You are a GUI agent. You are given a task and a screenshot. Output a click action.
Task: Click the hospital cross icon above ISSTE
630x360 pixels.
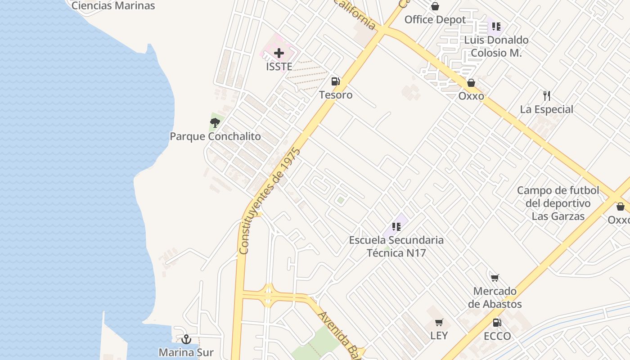click(x=279, y=53)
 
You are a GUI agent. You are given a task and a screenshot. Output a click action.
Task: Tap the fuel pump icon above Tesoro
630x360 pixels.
click(x=335, y=81)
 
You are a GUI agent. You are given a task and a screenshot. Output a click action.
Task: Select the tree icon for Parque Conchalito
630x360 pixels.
click(x=215, y=122)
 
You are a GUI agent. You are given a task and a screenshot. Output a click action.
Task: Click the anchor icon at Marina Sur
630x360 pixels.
click(x=186, y=339)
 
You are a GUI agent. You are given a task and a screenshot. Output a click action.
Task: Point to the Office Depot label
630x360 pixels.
click(x=435, y=20)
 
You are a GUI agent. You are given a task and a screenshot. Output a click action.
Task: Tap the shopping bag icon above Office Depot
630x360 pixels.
click(x=435, y=6)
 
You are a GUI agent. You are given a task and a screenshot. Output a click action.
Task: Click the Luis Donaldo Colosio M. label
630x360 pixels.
click(x=496, y=46)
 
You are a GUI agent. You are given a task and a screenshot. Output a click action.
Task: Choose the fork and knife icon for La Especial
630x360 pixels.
click(x=547, y=95)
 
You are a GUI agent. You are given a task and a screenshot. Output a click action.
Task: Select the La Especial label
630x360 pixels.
click(x=547, y=109)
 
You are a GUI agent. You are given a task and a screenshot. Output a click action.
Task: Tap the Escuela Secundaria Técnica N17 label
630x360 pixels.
click(x=396, y=247)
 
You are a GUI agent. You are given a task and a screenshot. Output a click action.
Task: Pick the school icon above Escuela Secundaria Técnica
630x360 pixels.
click(x=396, y=226)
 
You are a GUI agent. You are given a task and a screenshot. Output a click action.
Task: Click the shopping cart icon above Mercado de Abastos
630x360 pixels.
click(x=495, y=278)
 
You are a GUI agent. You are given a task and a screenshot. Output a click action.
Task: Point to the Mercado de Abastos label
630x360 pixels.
click(x=495, y=297)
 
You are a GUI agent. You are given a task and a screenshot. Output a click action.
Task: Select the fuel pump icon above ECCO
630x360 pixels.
click(x=497, y=322)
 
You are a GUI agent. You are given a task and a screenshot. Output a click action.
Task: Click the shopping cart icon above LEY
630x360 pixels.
click(x=439, y=322)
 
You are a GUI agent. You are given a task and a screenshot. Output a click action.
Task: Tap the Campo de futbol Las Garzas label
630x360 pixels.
click(x=558, y=203)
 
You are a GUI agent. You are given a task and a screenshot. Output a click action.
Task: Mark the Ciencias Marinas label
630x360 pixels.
click(x=113, y=6)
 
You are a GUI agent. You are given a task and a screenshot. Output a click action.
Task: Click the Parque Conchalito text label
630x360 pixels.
click(x=215, y=136)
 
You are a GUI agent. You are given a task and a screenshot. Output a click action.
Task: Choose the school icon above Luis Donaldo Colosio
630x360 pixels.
click(x=496, y=26)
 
